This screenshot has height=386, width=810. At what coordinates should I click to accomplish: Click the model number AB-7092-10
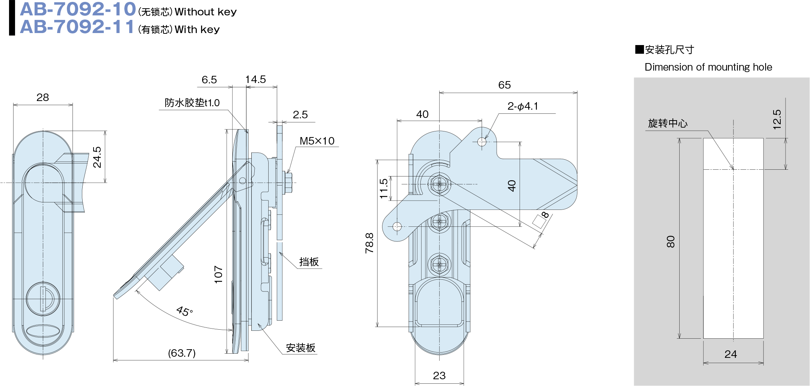point(78,9)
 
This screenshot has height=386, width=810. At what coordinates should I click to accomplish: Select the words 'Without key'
point(206,12)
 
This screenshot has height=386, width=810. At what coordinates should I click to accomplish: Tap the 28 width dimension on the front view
point(42,98)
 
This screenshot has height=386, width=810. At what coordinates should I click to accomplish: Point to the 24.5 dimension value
point(97,157)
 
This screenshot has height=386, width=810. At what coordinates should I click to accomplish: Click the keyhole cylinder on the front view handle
point(43,299)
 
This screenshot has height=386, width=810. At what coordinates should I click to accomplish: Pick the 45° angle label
point(184,311)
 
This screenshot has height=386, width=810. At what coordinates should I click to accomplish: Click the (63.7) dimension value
point(181,353)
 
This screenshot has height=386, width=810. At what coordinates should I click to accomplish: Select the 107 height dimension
point(218,274)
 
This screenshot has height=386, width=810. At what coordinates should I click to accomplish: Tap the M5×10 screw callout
point(317,141)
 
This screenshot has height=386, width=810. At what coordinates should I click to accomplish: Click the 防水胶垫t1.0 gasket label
point(192,103)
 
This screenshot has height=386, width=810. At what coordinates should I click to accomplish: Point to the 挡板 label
point(309,262)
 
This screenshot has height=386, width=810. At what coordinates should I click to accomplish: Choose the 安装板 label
point(301,348)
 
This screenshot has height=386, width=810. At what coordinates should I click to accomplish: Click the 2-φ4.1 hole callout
point(523,106)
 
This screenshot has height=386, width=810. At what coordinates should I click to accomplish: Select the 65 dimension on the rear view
point(504,85)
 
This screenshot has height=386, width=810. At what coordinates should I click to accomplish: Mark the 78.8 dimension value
point(370,243)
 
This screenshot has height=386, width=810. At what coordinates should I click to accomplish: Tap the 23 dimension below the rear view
point(439,375)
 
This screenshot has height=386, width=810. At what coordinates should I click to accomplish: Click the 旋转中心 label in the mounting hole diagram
point(668,124)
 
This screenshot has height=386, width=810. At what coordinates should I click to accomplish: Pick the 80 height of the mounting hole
point(671,241)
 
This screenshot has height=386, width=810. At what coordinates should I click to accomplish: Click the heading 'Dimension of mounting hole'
point(708,67)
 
